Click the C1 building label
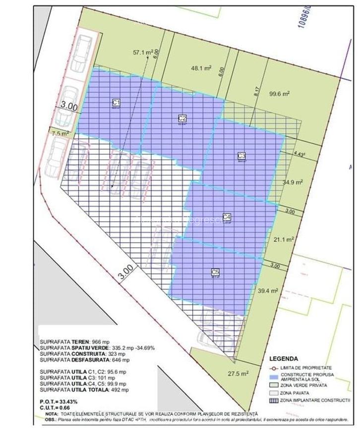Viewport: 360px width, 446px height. (117, 103)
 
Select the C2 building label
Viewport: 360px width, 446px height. (182, 118)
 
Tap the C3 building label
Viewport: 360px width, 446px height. (241, 156)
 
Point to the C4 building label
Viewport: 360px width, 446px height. (227, 217)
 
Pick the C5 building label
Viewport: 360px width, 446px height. (215, 272)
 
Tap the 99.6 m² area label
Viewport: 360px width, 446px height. (279, 93)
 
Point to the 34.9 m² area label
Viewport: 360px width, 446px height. (293, 182)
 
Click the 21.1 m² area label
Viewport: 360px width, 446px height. (284, 239)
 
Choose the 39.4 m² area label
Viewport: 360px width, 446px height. (268, 291)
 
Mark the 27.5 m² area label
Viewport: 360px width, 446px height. (239, 374)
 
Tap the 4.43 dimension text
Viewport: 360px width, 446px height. (299, 154)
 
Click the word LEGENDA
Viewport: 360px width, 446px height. (284, 359)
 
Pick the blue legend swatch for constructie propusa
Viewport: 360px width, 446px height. (274, 375)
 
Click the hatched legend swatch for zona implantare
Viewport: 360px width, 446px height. (274, 400)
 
